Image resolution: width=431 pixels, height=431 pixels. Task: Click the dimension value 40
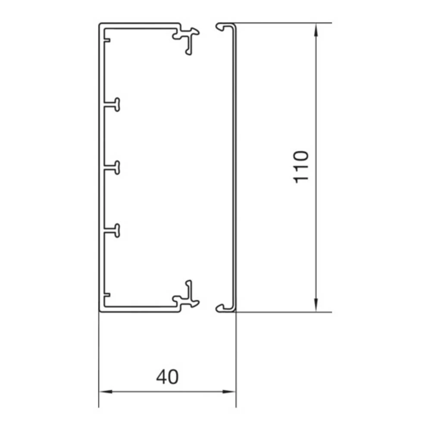pyautogui.click(x=167, y=377)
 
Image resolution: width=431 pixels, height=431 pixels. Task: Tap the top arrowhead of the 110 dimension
pyautogui.click(x=316, y=28)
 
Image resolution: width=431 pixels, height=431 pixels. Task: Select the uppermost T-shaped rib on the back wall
pyautogui.click(x=113, y=105)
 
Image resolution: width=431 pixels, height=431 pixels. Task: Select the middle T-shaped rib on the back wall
pyautogui.click(x=113, y=167)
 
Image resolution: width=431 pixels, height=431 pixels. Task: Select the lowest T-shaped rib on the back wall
pyautogui.click(x=113, y=230)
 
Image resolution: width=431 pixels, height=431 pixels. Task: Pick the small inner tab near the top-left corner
pyautogui.click(x=106, y=41)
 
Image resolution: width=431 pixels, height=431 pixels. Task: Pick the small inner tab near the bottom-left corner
pyautogui.click(x=106, y=294)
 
